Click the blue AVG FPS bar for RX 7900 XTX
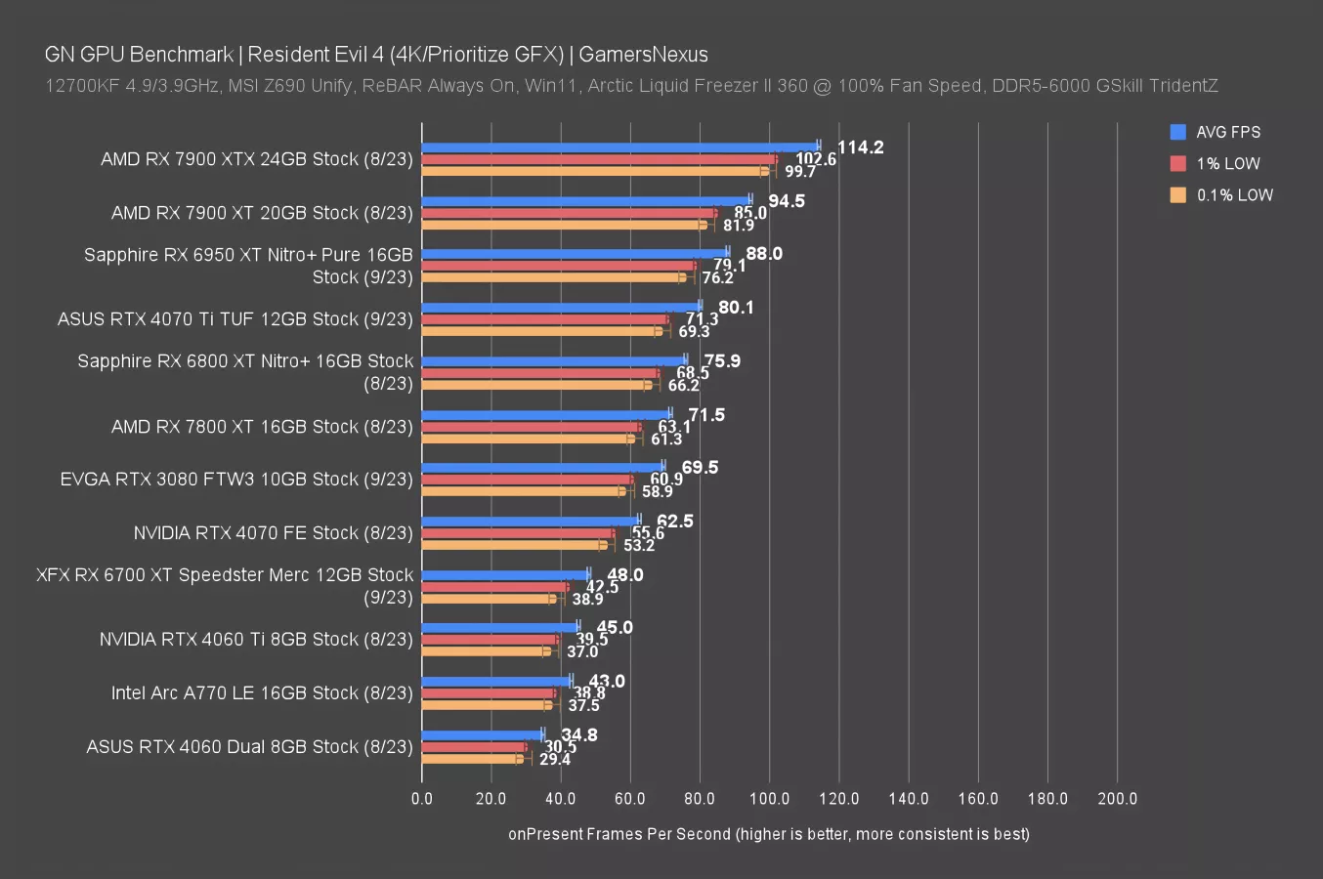[x=619, y=146]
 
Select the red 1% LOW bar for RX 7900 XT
[x=569, y=212]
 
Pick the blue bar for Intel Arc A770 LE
[x=496, y=681]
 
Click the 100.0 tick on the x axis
[x=769, y=798]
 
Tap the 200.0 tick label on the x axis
[x=1117, y=798]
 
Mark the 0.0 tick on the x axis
[x=422, y=798]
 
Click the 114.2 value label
[x=860, y=147]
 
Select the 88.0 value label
[x=764, y=254]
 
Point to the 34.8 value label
[x=579, y=734]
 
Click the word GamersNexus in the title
[x=643, y=55]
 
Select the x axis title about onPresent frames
[x=768, y=834]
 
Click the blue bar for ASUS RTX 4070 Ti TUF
[x=561, y=307]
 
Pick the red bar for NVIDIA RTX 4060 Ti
[x=491, y=639]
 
